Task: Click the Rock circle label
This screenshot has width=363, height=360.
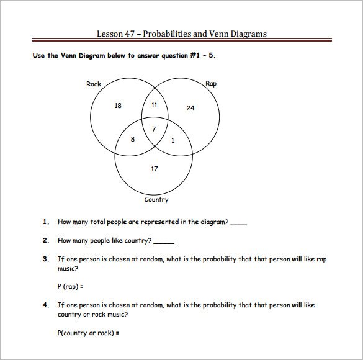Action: point(94,84)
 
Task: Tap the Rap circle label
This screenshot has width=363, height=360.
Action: point(210,83)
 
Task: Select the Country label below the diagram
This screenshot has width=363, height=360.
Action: point(156,200)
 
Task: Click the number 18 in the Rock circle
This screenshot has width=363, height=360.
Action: point(118,106)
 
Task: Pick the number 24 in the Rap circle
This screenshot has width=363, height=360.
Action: point(190,108)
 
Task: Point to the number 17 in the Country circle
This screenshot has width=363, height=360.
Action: point(155,169)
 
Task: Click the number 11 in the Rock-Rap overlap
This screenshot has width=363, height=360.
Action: point(155,105)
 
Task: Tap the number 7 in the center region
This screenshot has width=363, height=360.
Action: point(155,128)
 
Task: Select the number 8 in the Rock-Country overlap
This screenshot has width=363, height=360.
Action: point(132,139)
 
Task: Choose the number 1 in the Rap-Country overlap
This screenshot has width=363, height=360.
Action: point(172,140)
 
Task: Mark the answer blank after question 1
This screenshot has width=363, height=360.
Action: point(238,222)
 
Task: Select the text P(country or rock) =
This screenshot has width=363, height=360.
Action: point(88,332)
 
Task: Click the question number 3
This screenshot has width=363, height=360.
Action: point(45,259)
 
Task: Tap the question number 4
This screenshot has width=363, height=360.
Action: point(45,305)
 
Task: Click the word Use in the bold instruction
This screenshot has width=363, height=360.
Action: point(38,55)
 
